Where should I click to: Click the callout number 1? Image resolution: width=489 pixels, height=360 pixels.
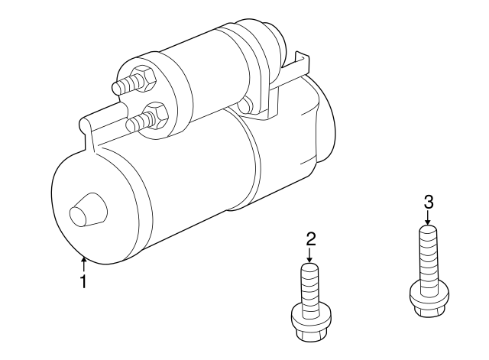click(83, 282)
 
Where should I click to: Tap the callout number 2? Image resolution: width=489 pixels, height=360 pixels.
click(311, 239)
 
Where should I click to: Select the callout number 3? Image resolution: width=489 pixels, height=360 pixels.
click(429, 202)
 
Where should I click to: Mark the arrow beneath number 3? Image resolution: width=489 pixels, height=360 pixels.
click(429, 218)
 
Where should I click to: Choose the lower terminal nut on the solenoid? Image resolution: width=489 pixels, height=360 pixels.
click(157, 115)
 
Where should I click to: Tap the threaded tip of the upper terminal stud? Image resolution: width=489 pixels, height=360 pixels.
click(118, 88)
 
